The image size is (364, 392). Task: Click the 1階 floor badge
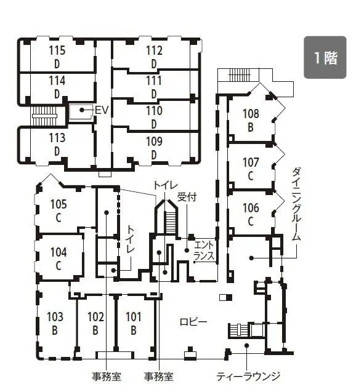coord(325,57)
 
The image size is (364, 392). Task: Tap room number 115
coord(57,50)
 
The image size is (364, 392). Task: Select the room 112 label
coord(154,50)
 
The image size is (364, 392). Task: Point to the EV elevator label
coord(102,110)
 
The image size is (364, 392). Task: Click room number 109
coord(154,142)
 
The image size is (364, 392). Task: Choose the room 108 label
coord(251,114)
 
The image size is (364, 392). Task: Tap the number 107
coord(251,162)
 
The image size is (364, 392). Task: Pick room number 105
coord(59,204)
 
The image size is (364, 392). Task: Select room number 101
coord(134,317)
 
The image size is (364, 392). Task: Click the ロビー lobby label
coord(193,322)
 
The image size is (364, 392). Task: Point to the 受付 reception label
coord(187,198)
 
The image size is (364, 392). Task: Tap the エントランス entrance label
coord(204,250)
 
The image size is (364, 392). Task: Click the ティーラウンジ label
coord(248,376)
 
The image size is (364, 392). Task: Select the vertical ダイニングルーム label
coord(296,204)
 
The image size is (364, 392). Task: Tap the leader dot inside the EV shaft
coord(81,110)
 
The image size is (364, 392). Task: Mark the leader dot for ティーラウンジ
coord(246,345)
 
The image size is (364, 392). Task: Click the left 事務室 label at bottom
coord(107,376)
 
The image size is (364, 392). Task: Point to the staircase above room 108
coord(240,74)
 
